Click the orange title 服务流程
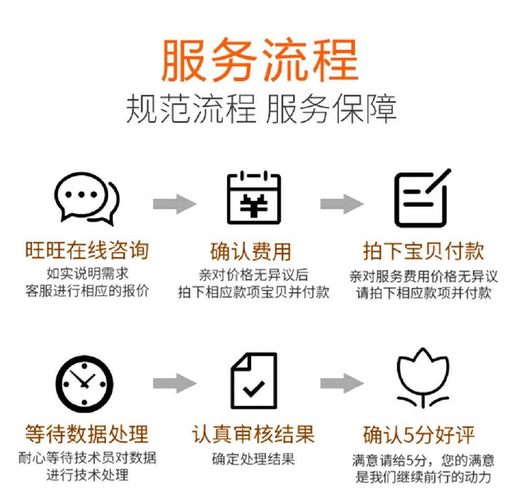click(260, 60)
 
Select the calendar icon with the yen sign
click(254, 198)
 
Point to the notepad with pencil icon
click(422, 198)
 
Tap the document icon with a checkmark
click(254, 381)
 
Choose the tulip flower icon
click(422, 379)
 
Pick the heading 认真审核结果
click(253, 434)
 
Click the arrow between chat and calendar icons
click(174, 204)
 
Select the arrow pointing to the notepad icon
click(341, 204)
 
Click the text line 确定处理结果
click(253, 459)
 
